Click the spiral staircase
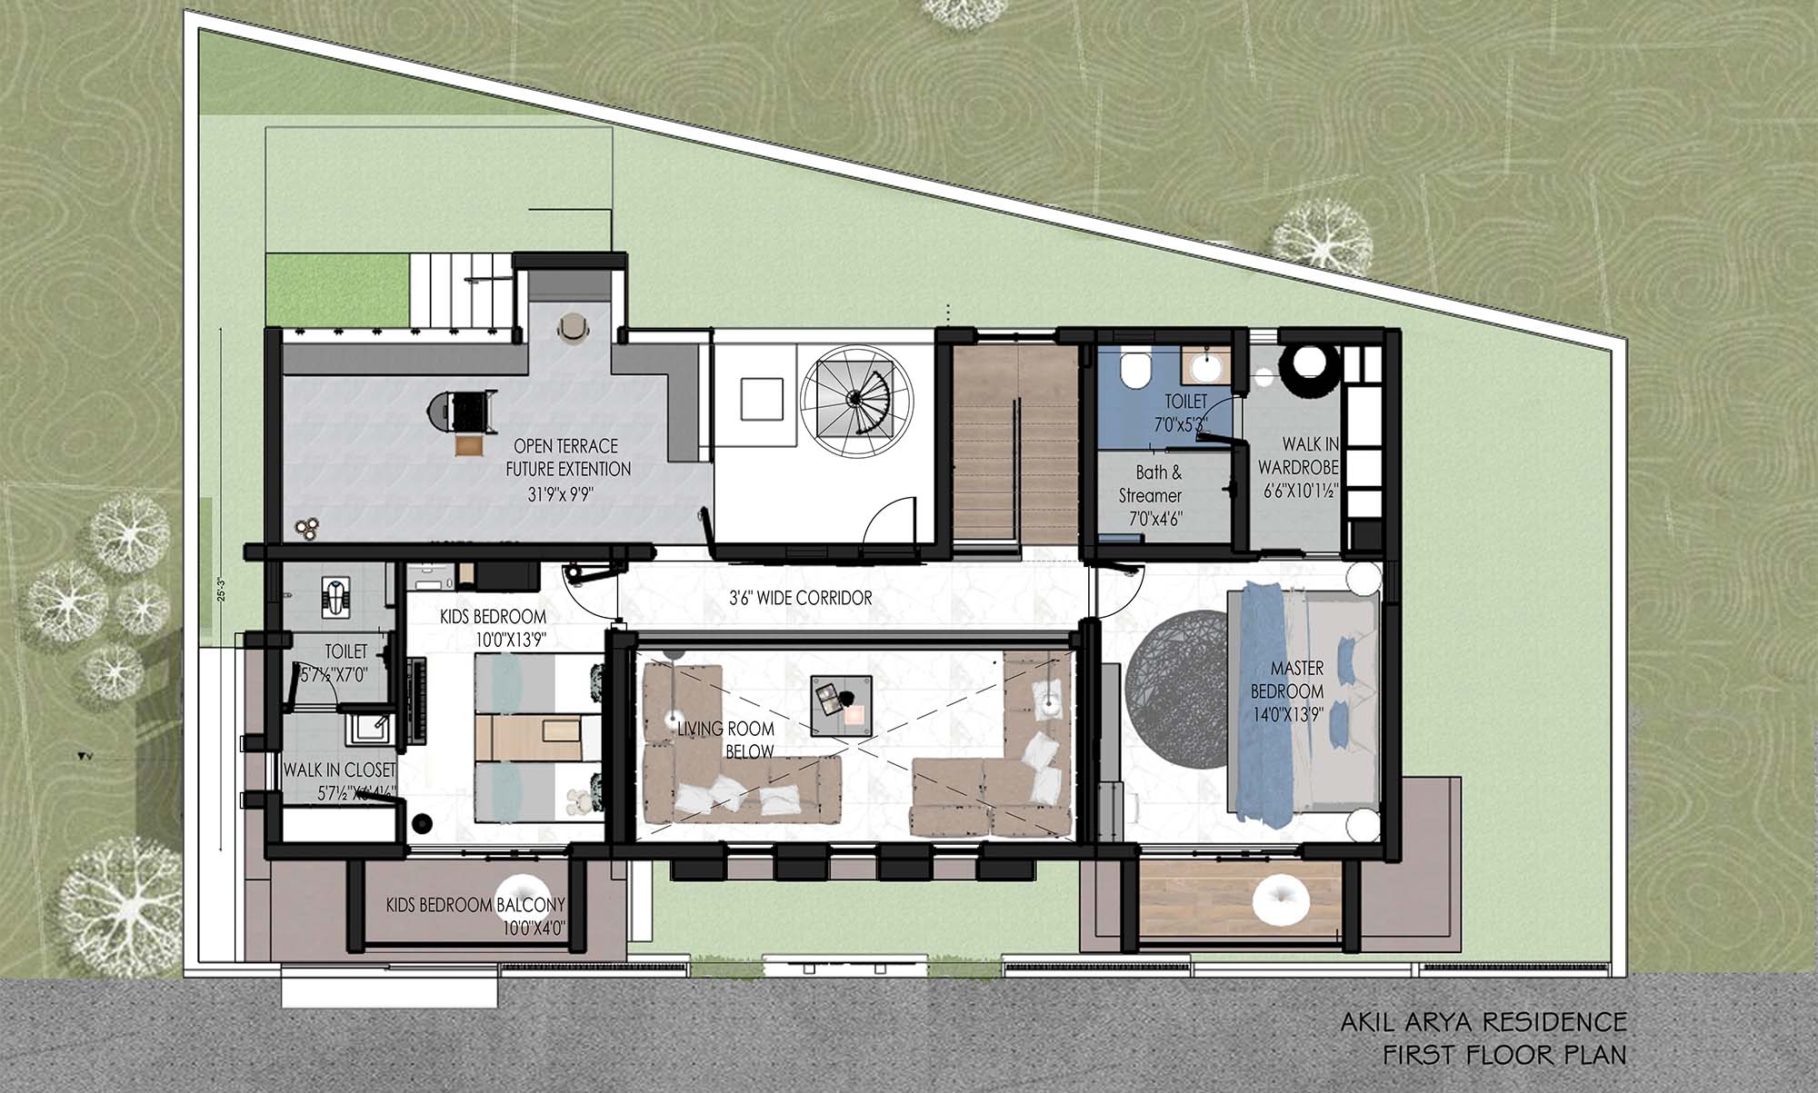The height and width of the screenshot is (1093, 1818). (855, 397)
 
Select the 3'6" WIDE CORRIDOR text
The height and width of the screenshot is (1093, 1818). (800, 598)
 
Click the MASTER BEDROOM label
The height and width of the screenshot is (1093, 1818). (1297, 691)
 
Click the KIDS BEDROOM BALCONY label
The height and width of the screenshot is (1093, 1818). (475, 906)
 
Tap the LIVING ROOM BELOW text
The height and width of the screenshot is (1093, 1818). (726, 740)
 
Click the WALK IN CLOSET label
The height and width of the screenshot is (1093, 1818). (339, 770)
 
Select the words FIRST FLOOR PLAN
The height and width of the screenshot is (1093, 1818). (1503, 1055)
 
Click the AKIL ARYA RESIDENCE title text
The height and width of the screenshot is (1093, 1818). (1483, 1021)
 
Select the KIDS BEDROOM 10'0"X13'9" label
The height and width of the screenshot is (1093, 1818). (493, 628)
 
